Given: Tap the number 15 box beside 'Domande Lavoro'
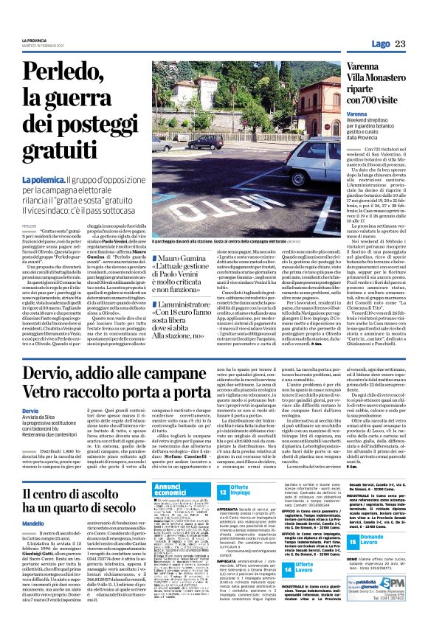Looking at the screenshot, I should click(x=353, y=542).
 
